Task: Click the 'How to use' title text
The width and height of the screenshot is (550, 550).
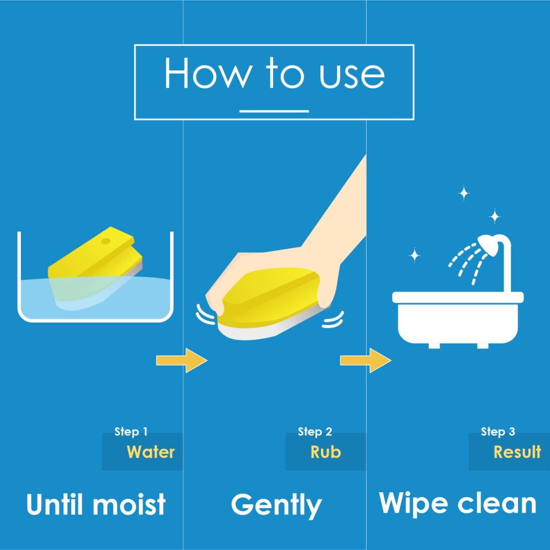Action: [x=274, y=73]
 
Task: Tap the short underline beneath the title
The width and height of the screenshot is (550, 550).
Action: [x=274, y=111]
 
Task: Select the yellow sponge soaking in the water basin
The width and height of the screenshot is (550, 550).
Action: [x=95, y=268]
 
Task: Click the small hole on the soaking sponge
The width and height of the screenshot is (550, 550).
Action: [x=106, y=241]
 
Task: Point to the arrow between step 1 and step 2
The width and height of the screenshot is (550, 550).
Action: [x=182, y=360]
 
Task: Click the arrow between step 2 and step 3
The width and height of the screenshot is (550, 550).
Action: [x=366, y=360]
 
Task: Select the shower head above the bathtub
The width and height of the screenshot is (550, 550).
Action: [x=489, y=244]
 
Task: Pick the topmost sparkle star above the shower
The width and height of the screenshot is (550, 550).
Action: [x=464, y=193]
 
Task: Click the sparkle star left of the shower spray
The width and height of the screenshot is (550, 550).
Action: [x=415, y=255]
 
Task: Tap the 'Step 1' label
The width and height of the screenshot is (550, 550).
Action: [x=131, y=432]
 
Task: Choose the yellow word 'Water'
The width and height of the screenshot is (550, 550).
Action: [x=150, y=452]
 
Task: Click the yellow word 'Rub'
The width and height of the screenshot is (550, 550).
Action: [x=325, y=452]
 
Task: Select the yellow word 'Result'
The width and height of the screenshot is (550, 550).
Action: [x=518, y=452]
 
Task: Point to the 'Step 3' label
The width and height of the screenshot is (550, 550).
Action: [x=498, y=432]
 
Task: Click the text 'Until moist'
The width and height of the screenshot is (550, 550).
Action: [x=96, y=504]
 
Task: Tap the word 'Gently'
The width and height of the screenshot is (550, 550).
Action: [x=276, y=505]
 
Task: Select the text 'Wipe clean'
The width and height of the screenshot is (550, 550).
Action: [x=458, y=504]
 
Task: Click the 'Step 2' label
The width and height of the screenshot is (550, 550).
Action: [x=314, y=432]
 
